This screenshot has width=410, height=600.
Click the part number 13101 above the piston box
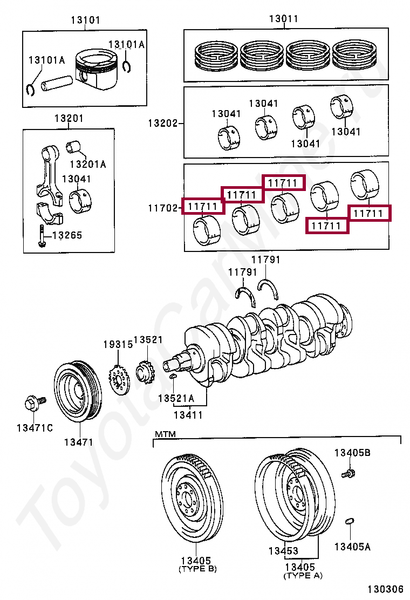coord(85,20)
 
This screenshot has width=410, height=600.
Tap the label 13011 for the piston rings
coord(283,18)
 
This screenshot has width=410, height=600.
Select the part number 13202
coord(163,123)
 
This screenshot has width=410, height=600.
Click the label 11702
coord(163,208)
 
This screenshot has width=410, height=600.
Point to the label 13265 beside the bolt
coord(67,235)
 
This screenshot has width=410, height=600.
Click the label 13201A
coord(88,164)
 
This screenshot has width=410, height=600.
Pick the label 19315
coord(118,344)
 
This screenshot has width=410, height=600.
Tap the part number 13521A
coord(176,398)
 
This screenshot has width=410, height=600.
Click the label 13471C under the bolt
coord(35,428)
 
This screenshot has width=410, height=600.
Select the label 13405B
coord(352,453)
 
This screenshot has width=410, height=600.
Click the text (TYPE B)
coord(198,569)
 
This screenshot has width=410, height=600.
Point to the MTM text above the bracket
coord(165,434)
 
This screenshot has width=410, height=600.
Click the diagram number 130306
coord(386,589)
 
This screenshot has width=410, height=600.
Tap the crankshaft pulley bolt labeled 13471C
coord(35,403)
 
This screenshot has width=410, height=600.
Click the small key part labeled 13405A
coord(350,521)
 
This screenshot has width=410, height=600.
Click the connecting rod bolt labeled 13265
coord(42,236)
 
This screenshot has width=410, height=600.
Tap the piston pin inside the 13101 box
coord(57,83)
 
